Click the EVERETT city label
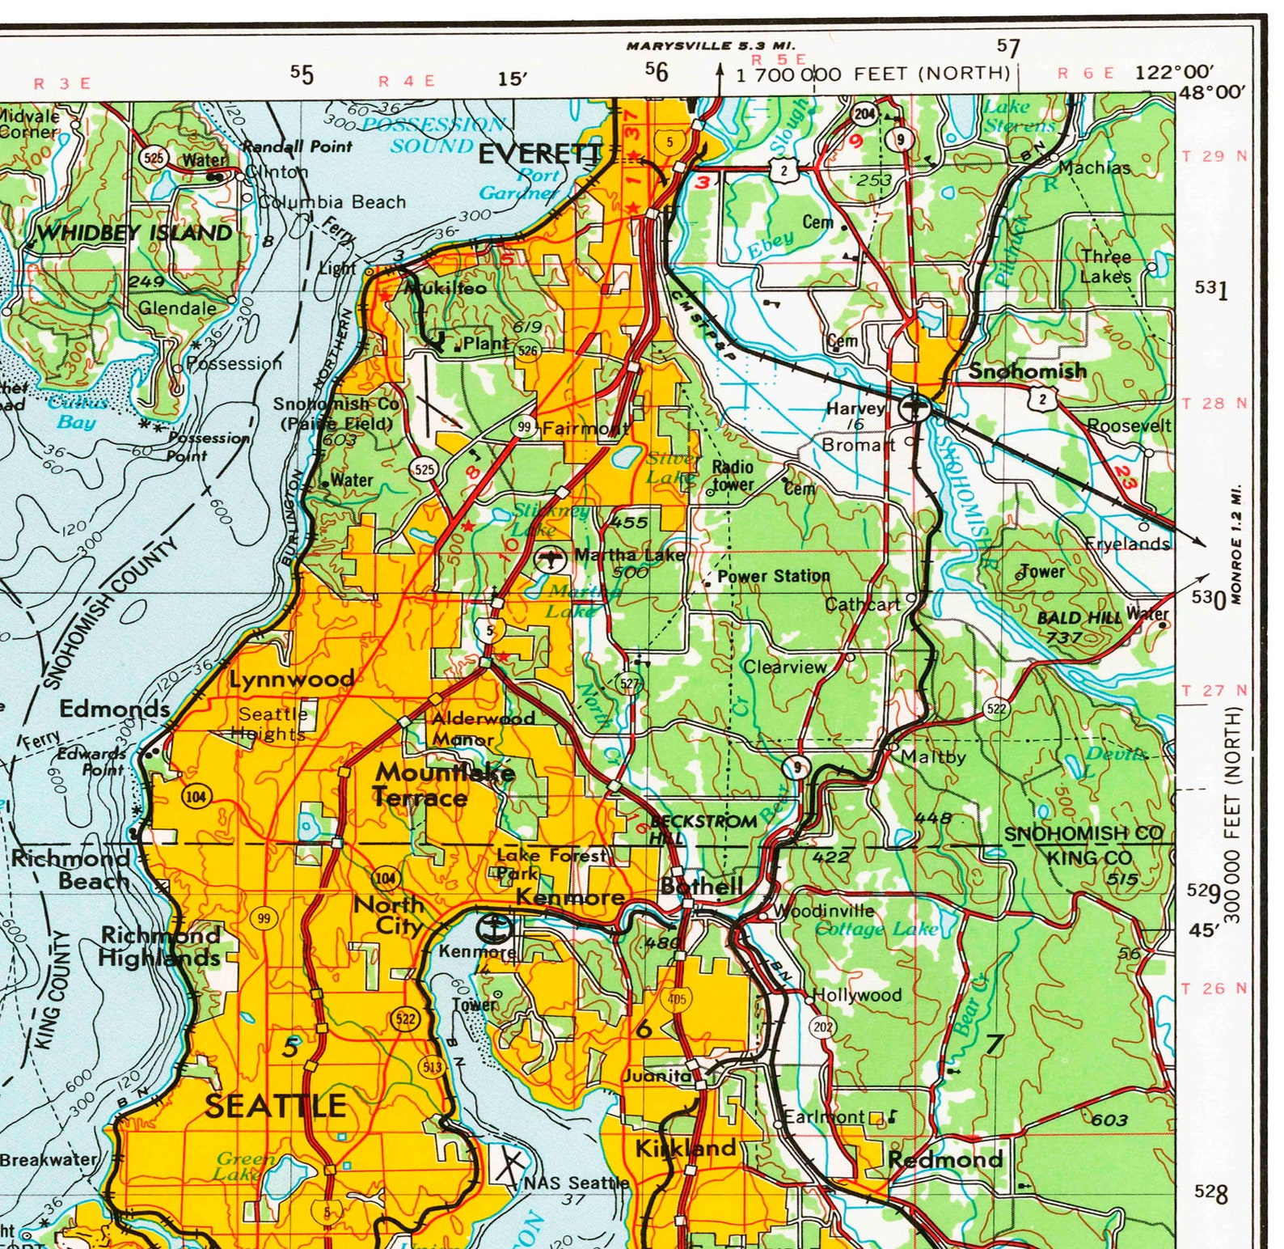540,154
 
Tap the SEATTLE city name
276,1106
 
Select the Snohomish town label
1027,371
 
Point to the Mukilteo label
446,288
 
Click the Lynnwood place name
292,679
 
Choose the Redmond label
945,1159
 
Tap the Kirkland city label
686,1148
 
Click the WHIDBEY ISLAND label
135,233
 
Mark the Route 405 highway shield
677,999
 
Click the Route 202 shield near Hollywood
822,1027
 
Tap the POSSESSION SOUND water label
433,134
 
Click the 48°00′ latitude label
1210,91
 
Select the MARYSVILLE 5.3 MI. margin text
711,46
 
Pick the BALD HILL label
1079,617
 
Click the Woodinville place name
824,911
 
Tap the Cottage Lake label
876,929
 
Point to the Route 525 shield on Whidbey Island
153,157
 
